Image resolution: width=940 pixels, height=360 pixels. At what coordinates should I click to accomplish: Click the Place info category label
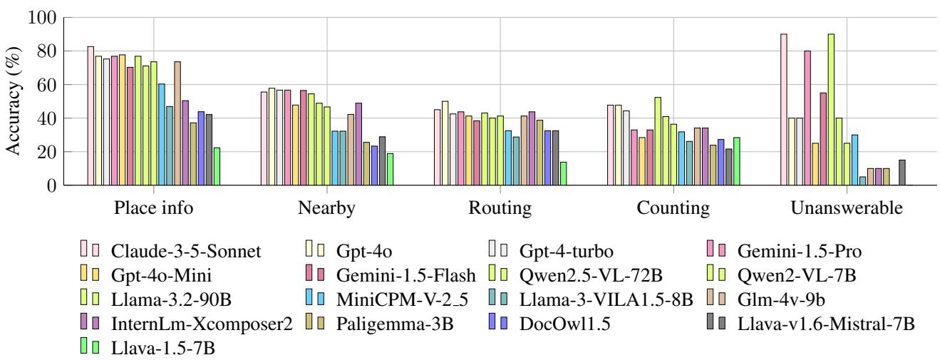coord(153,208)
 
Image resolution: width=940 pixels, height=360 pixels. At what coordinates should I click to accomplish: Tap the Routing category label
coord(500,208)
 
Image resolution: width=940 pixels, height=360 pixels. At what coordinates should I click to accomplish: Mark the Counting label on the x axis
coord(673,208)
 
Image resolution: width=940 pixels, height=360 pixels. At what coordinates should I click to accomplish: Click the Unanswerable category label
coord(846,208)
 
